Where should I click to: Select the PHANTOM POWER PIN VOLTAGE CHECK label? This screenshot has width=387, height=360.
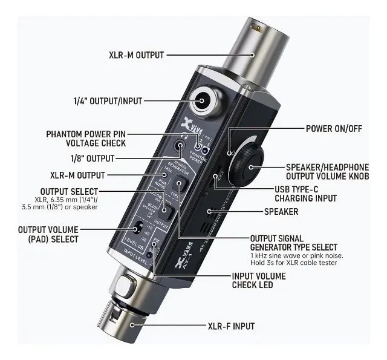[x=86, y=138]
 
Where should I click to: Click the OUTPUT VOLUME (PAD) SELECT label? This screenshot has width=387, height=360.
[x=48, y=234]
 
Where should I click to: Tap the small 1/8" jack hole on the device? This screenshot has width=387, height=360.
[x=180, y=145]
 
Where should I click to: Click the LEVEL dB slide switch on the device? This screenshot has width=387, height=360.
[x=139, y=228]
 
